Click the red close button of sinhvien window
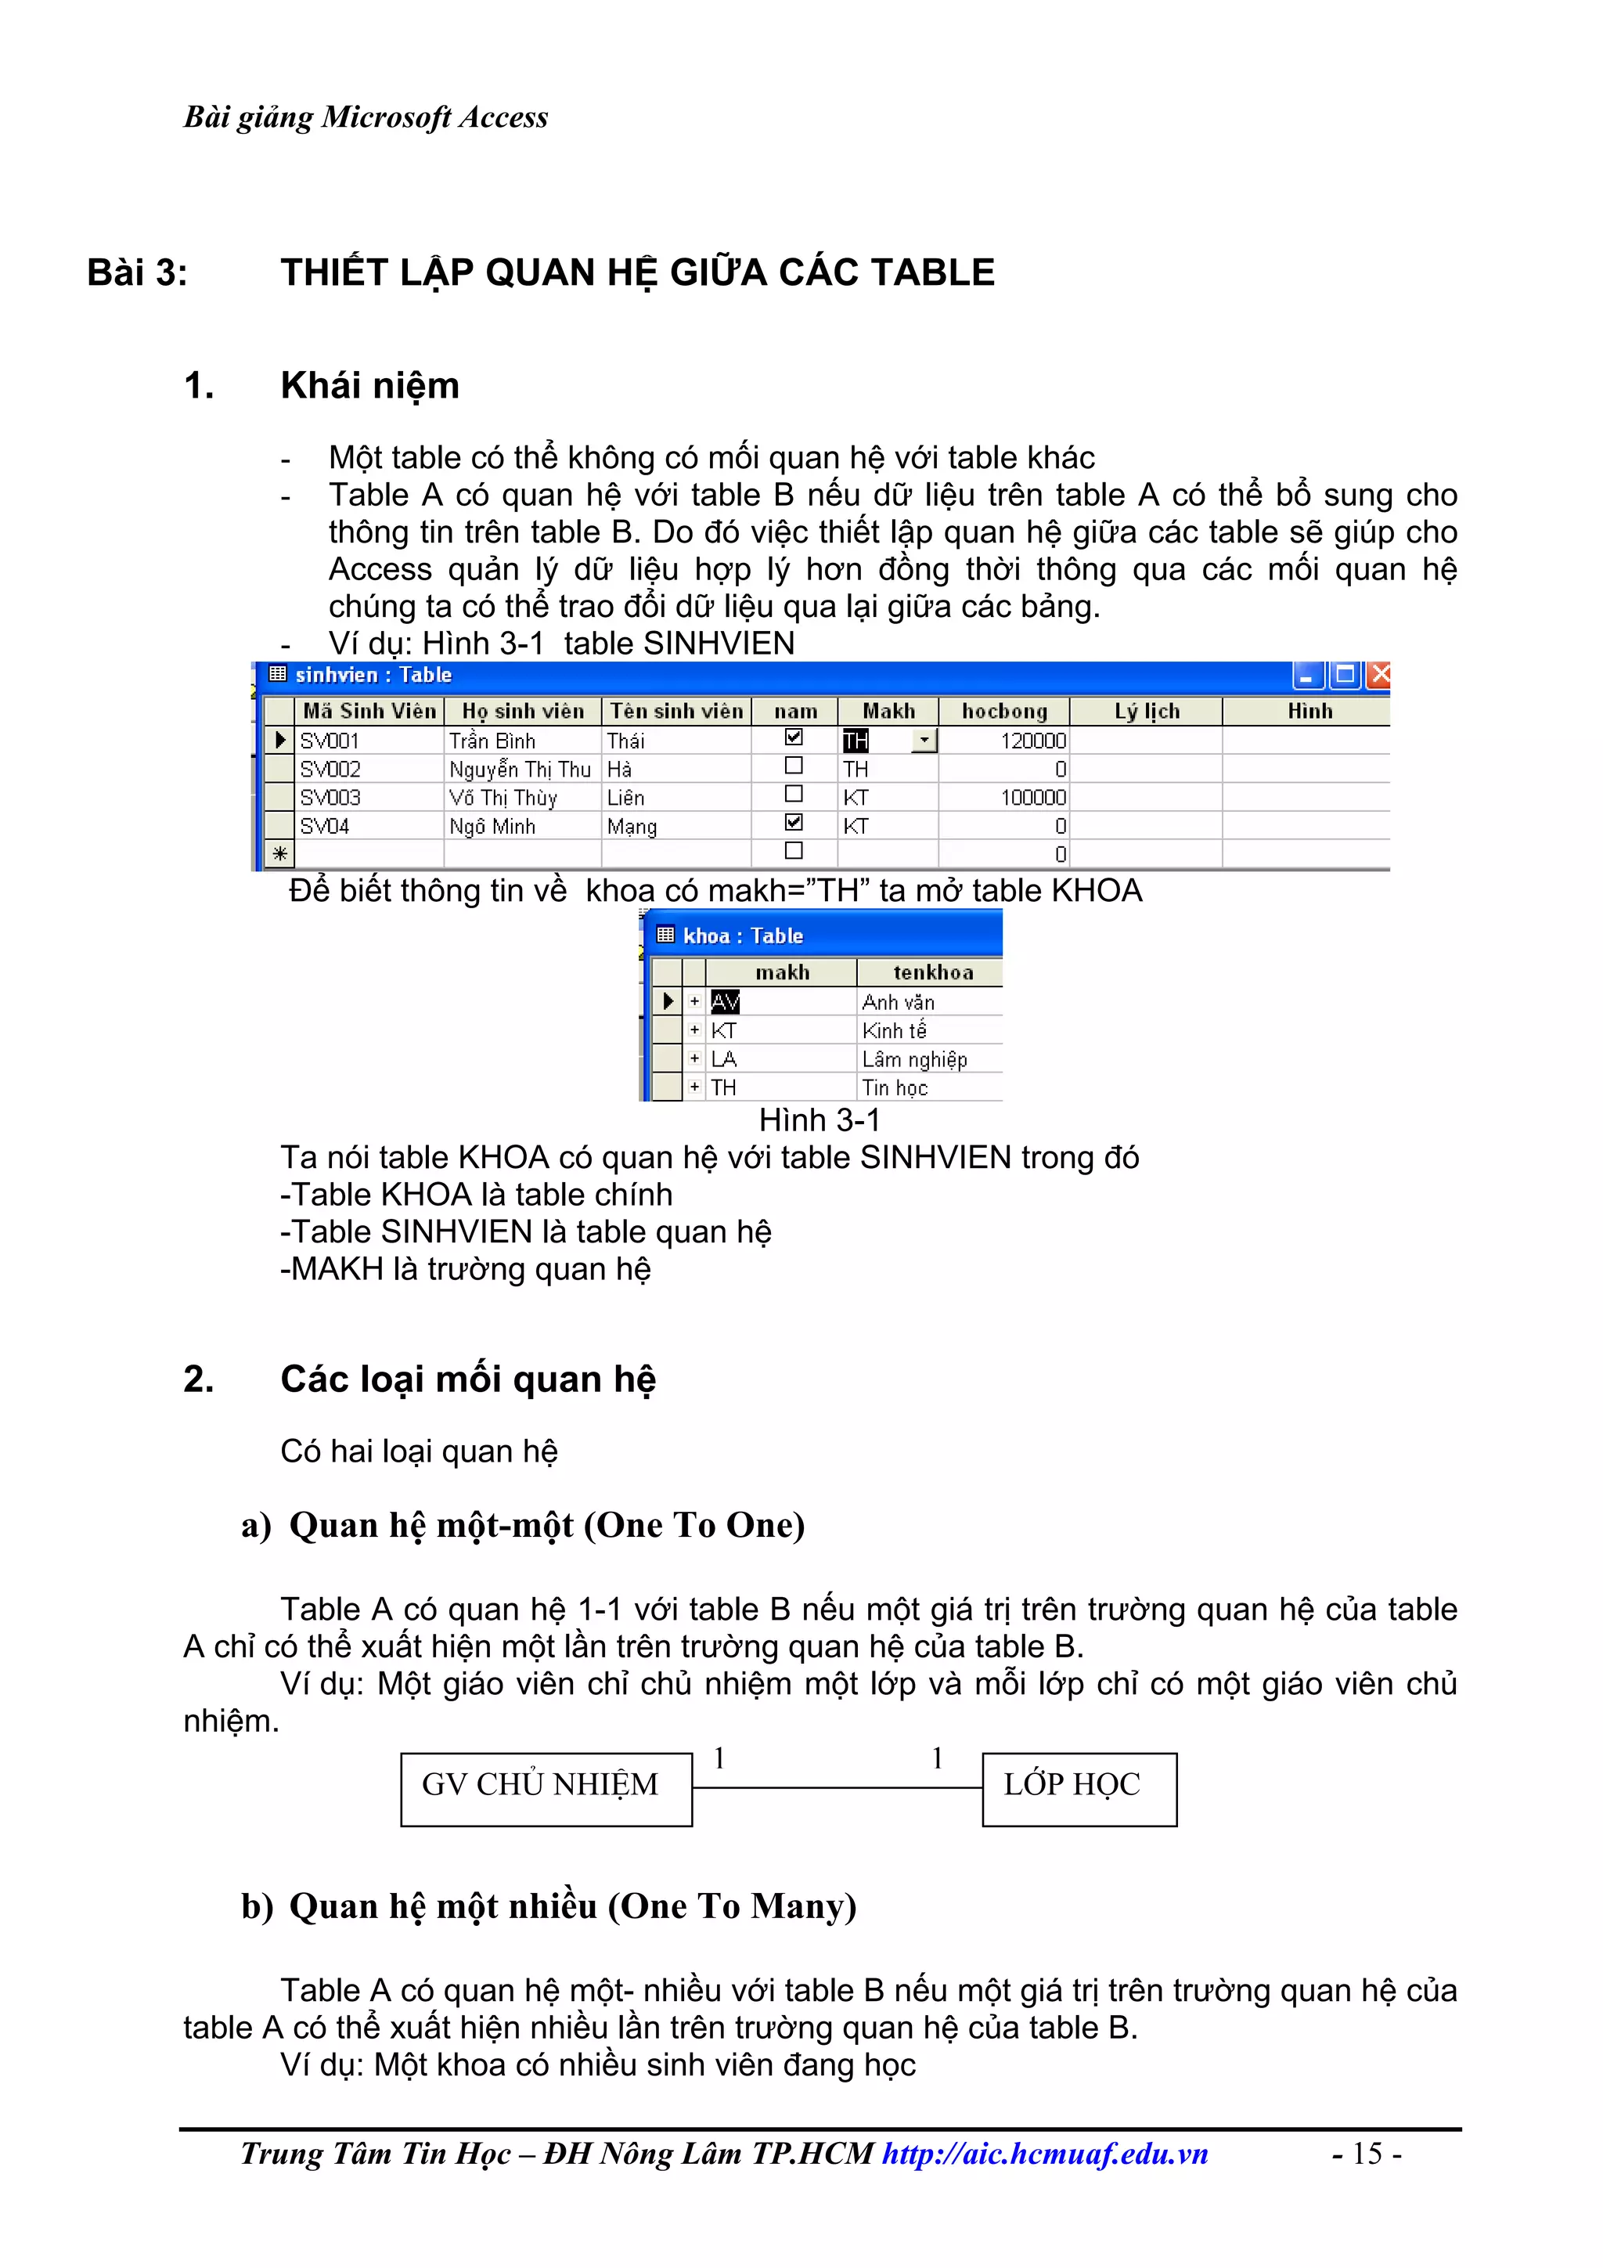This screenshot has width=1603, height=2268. (1380, 675)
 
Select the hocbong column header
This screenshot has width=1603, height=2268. (1003, 711)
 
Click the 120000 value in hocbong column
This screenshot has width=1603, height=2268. (1032, 741)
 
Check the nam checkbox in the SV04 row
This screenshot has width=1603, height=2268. (793, 822)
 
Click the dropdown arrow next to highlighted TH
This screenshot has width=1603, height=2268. (924, 740)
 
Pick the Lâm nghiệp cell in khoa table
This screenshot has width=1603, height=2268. (913, 1059)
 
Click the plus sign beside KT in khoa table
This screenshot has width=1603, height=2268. (694, 1030)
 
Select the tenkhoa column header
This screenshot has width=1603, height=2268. (931, 973)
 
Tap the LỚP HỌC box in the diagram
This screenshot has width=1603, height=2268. (1078, 1789)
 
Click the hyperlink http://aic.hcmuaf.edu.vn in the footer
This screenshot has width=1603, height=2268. (1044, 2154)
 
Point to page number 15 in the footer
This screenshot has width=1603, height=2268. (1366, 2154)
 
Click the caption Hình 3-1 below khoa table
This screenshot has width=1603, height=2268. (819, 1120)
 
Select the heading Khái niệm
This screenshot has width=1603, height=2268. (369, 385)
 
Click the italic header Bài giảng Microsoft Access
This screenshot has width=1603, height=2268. (366, 117)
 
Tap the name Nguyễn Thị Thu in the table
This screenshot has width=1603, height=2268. (520, 770)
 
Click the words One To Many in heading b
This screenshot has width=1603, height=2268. (731, 1906)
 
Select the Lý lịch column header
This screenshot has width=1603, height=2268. (1146, 711)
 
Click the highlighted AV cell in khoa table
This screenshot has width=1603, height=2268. (725, 1001)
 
